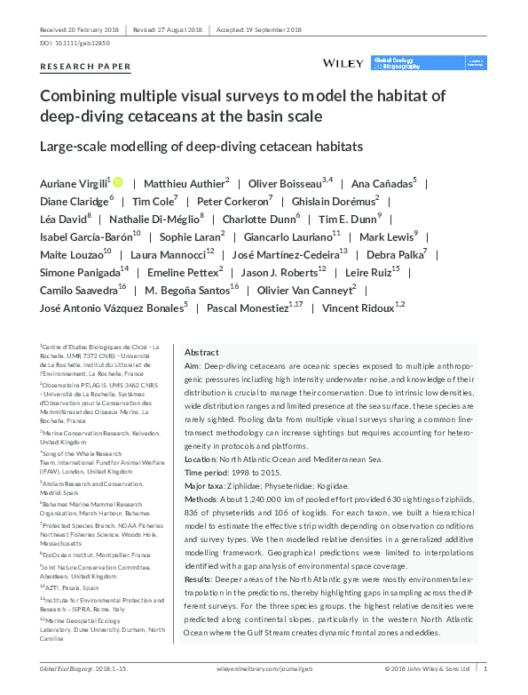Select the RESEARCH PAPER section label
[85, 67]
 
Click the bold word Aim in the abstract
[191, 366]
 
